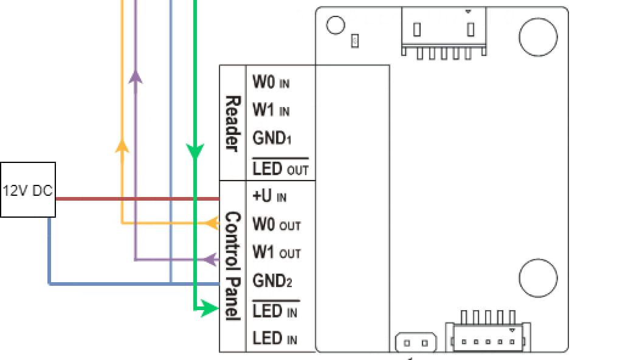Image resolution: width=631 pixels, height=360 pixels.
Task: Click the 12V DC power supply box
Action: point(28,190)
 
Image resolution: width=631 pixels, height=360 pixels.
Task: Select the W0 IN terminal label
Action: point(271,82)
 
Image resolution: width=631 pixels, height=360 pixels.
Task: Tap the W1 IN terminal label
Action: point(271,110)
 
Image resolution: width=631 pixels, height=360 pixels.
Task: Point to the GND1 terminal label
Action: point(272,138)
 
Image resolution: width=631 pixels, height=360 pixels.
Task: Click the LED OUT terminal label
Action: point(280,168)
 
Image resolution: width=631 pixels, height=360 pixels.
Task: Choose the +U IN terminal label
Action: point(269,196)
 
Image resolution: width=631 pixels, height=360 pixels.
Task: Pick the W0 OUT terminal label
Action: point(277,224)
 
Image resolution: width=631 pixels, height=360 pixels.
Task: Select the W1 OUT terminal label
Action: point(277,252)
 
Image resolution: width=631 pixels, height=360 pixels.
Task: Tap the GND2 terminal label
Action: point(272,281)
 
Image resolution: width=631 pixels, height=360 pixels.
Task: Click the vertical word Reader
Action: point(233,123)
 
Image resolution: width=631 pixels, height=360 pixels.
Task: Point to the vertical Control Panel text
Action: point(233,266)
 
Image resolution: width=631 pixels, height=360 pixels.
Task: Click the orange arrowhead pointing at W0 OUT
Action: point(212,223)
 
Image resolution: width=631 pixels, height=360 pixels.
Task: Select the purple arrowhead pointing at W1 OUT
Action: point(211,260)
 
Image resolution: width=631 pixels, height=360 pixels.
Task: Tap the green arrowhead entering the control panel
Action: point(209,308)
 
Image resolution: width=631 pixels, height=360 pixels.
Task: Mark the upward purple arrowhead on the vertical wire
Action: point(136,77)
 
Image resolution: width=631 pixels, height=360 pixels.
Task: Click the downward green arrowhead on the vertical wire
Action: point(195,151)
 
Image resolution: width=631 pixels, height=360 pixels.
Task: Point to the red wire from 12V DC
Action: point(137,198)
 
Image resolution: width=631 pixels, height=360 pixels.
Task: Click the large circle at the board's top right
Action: point(538,37)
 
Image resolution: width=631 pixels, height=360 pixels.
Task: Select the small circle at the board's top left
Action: point(336,26)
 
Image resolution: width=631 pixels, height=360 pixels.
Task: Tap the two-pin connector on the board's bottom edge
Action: point(416,343)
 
